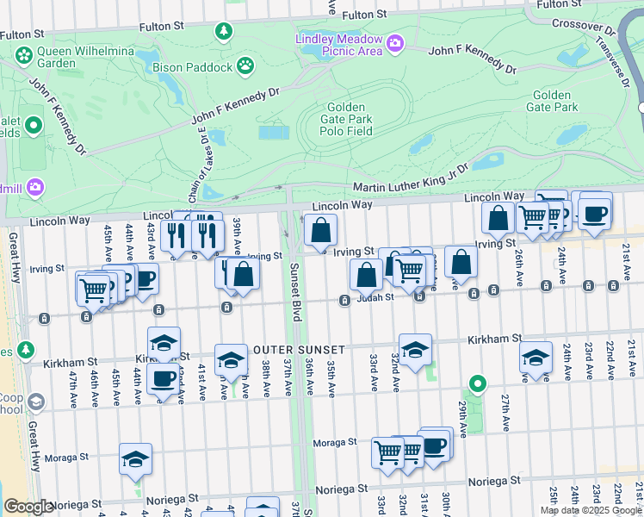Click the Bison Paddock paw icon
point(245,65)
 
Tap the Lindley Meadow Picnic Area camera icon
point(394,42)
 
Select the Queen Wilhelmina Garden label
point(61,57)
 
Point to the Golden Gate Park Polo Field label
point(348,119)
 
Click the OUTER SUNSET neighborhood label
point(299,350)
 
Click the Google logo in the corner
point(28,507)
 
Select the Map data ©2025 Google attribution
point(591,510)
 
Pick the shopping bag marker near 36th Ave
point(320,231)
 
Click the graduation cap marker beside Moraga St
point(135,461)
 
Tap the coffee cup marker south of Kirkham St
point(163,378)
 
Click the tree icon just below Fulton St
point(224,32)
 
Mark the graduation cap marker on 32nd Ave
point(415,351)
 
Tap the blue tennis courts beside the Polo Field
point(274,133)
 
